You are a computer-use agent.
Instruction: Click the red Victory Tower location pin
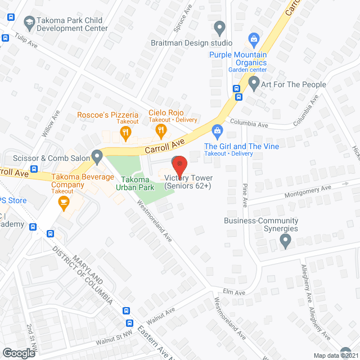tap(179, 165)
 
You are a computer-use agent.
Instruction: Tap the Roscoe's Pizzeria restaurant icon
tap(125, 133)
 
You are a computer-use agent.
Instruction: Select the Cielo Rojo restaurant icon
tap(161, 132)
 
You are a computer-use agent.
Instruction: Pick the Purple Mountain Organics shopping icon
tap(254, 39)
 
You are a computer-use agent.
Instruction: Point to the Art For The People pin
tap(254, 84)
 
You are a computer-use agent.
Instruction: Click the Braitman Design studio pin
tap(220, 27)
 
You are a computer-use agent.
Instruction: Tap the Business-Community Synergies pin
tap(285, 242)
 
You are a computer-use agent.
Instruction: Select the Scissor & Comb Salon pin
tap(97, 155)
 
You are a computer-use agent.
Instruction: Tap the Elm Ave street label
tap(234, 292)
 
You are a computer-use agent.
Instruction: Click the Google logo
tap(19, 353)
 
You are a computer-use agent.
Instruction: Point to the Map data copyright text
tap(335, 355)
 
